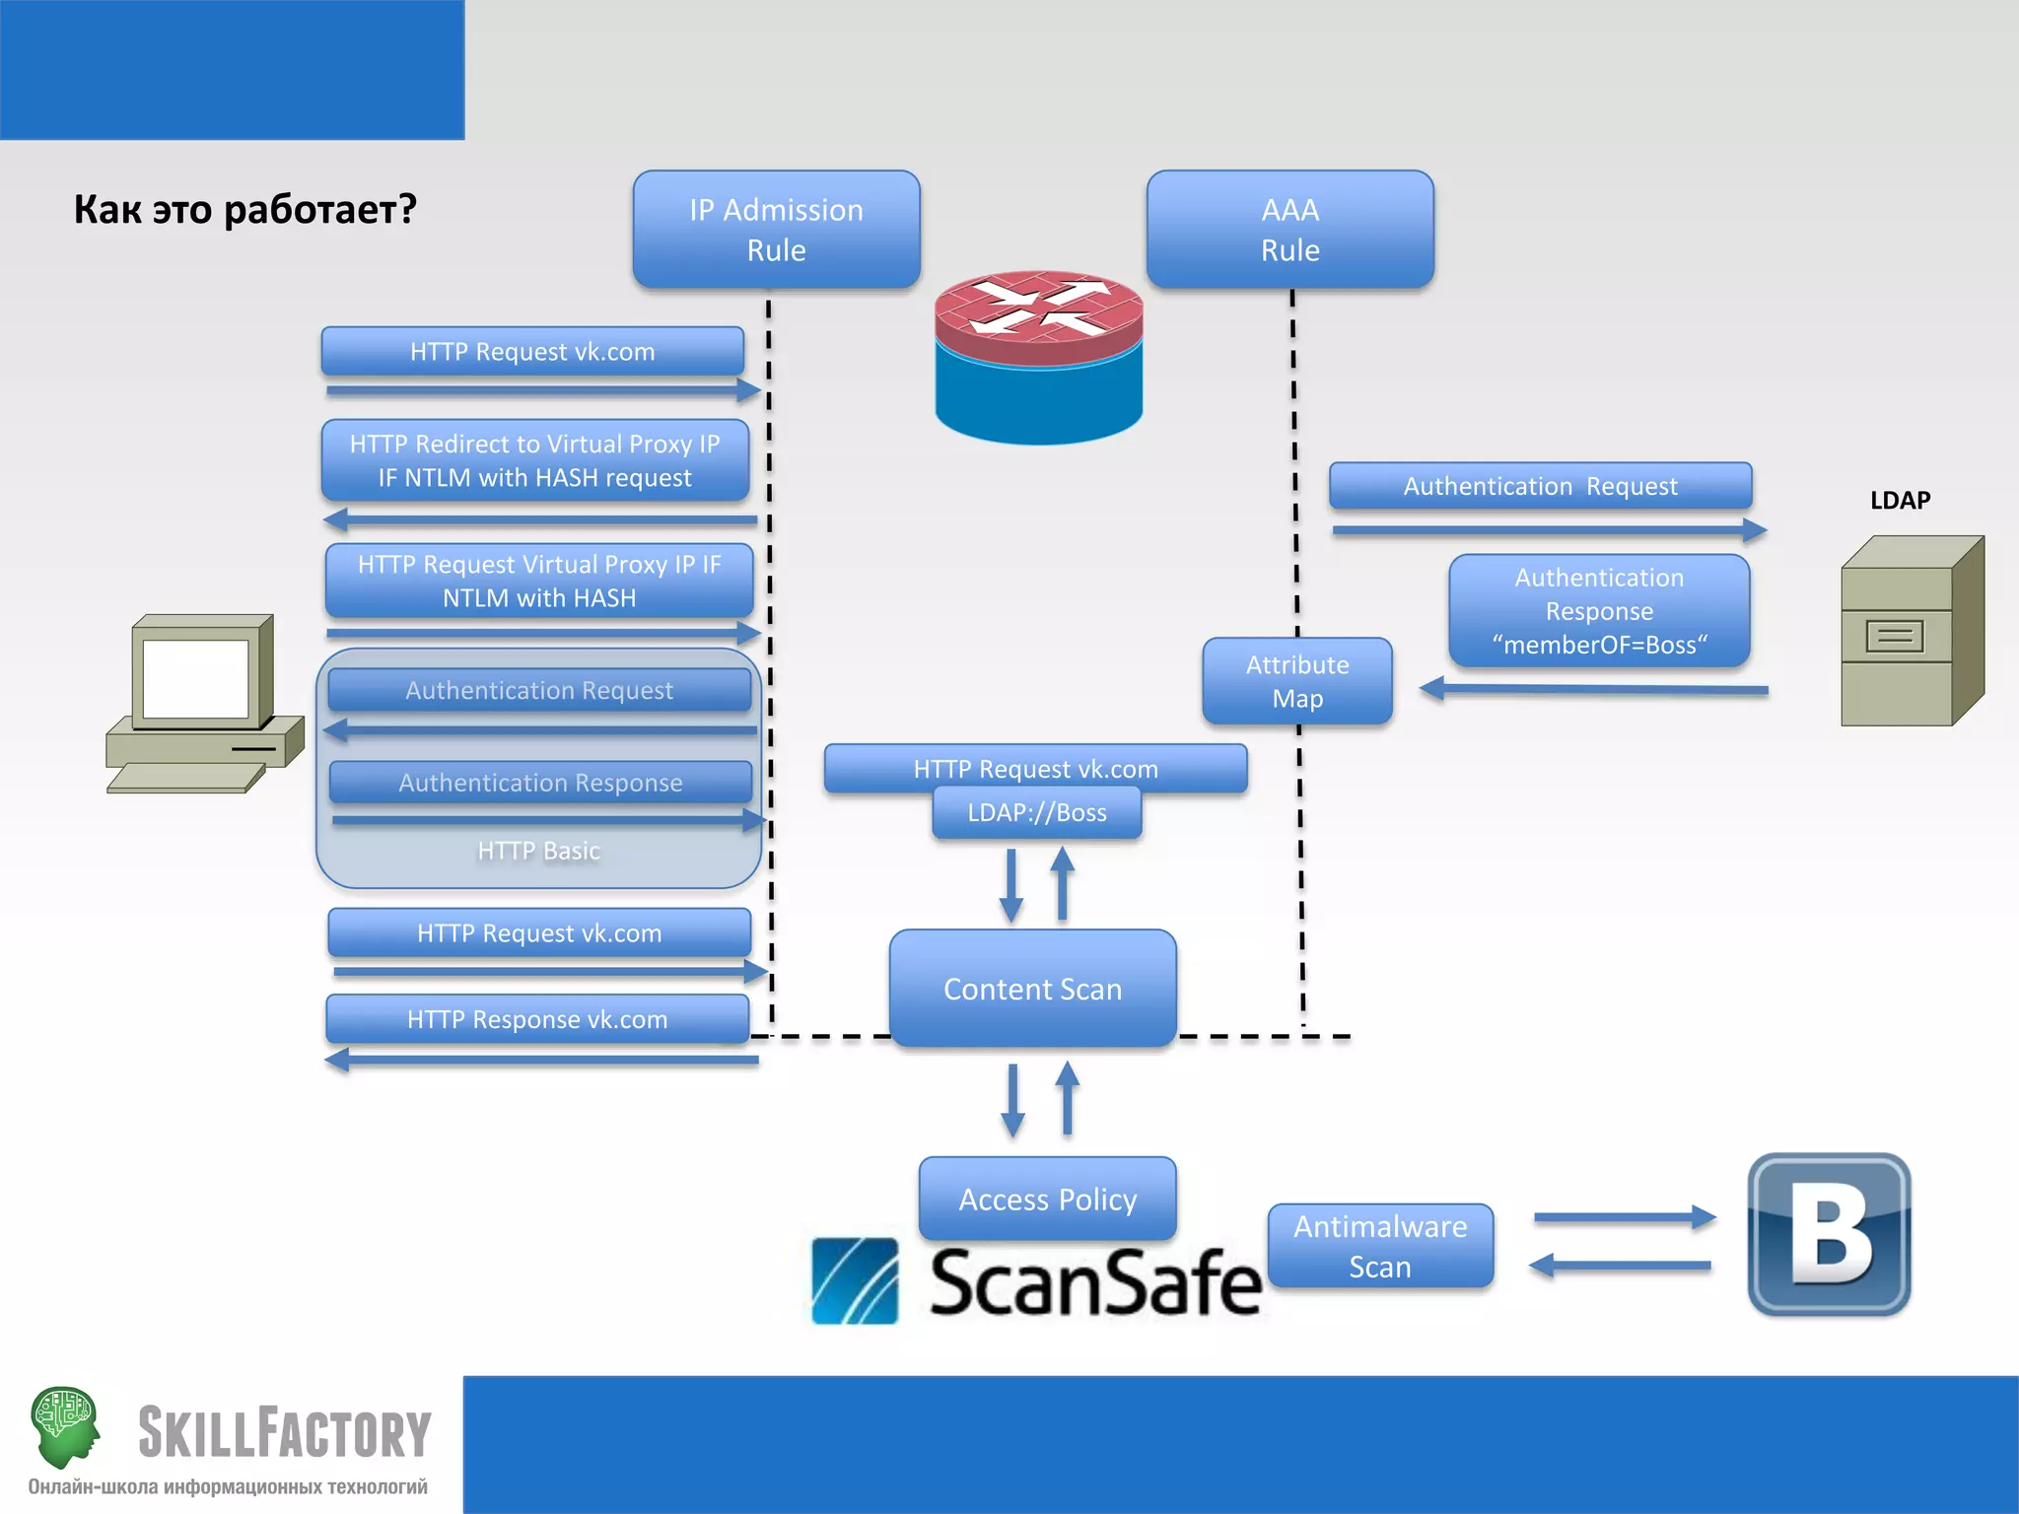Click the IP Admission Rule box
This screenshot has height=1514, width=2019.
click(776, 229)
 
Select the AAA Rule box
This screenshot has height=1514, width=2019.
click(1289, 229)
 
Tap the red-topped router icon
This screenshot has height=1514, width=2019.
click(1038, 357)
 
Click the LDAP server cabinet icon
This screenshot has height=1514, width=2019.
click(1910, 632)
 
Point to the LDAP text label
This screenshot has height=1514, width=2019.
click(1900, 500)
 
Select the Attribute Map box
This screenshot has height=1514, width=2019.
click(1296, 681)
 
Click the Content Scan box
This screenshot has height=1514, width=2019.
click(1032, 988)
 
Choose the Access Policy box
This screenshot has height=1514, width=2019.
click(1047, 1199)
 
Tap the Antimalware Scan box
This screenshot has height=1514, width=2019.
click(1379, 1246)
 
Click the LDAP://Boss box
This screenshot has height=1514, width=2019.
click(1036, 812)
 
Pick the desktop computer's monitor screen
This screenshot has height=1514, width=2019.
click(195, 678)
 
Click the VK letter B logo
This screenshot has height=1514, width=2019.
click(1829, 1234)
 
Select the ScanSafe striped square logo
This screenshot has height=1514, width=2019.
click(854, 1280)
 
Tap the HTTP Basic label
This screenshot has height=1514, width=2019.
click(538, 851)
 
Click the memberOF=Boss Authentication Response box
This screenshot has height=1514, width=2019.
click(1598, 610)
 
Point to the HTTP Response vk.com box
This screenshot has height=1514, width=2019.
click(537, 1019)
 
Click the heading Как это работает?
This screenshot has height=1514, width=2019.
click(244, 209)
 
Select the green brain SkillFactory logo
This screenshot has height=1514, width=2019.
click(65, 1424)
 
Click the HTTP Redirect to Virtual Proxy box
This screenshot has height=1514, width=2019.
click(534, 460)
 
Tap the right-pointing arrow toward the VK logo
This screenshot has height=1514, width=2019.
click(1624, 1217)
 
